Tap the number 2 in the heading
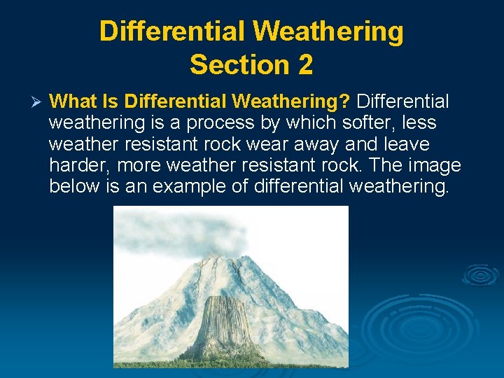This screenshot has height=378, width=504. (304, 64)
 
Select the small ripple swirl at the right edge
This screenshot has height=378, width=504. (481, 275)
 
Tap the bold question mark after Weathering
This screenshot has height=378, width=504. (344, 102)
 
